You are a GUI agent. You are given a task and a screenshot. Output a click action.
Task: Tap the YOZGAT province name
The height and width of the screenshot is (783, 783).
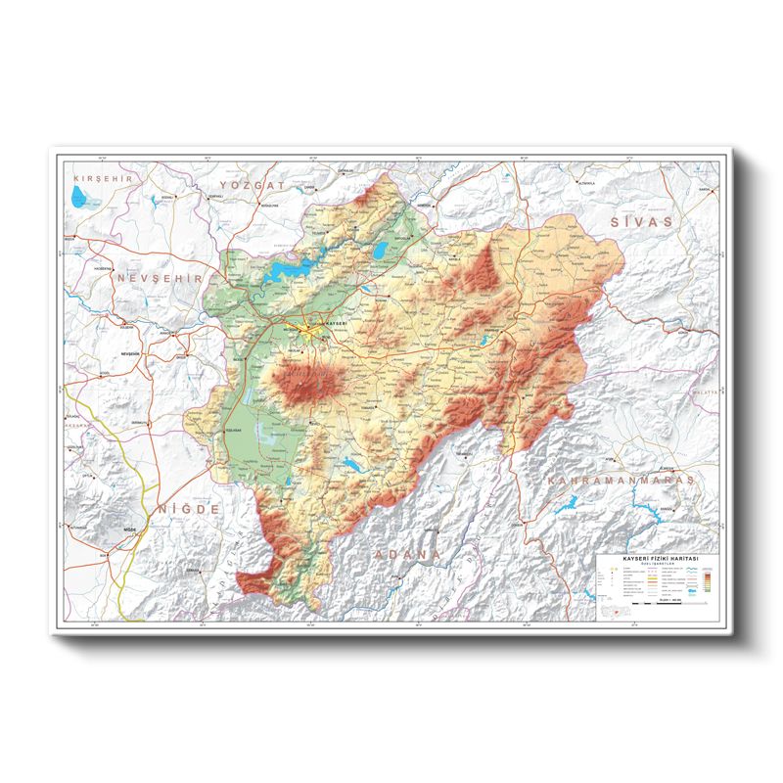pos(252,184)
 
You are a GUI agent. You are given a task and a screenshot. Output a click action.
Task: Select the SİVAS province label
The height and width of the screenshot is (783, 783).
pos(642,222)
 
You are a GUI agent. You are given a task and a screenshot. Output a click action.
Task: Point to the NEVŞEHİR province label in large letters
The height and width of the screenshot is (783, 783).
pos(158,279)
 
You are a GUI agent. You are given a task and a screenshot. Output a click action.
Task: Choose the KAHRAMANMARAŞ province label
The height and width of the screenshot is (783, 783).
pos(621,481)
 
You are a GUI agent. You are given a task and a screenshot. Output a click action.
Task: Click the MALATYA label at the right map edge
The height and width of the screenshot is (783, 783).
pos(705,391)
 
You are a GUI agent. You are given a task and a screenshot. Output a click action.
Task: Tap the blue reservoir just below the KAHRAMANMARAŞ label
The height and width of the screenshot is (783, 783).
pos(568,505)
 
